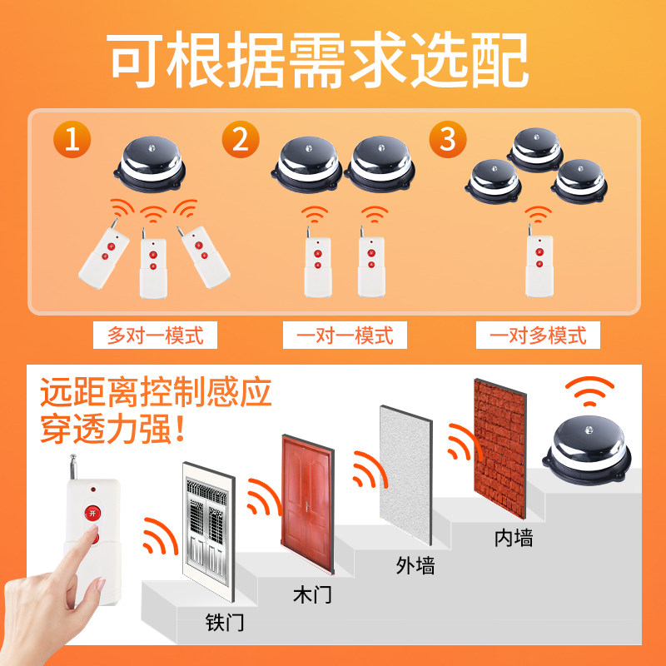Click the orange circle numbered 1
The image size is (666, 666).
72,139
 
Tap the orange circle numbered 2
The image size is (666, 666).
241,139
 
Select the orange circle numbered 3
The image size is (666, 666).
448,139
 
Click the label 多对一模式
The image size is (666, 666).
155,335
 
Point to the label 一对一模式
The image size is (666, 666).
345,335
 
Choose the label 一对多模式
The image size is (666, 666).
538,335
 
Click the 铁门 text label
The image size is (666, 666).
225,622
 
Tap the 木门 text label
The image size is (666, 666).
312,594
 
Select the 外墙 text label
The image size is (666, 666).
415,565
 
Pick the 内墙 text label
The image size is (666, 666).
514,537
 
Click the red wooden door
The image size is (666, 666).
308,504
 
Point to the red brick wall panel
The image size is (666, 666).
500,449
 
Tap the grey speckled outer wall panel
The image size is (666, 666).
406,475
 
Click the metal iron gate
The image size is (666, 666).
209,532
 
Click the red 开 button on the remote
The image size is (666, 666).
92,513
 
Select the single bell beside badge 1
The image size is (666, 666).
150,164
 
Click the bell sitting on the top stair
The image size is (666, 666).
587,450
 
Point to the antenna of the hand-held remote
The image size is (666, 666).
73,467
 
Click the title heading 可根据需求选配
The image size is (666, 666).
317,59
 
